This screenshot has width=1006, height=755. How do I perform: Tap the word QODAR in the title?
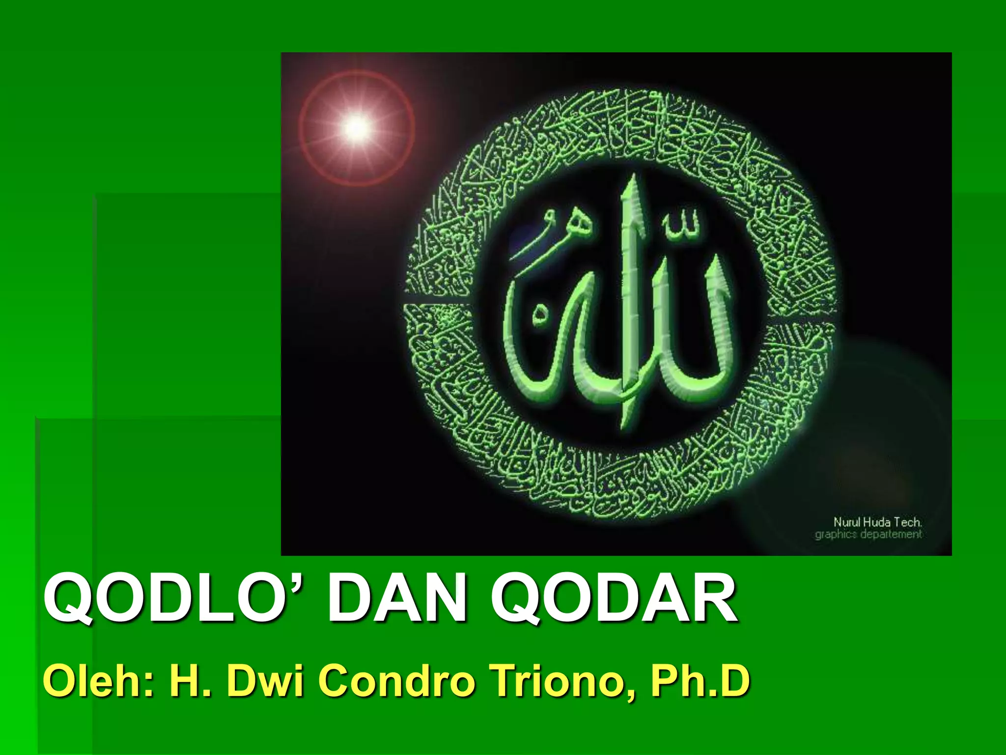coord(614,601)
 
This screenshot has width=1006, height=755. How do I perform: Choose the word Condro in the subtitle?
coord(398,681)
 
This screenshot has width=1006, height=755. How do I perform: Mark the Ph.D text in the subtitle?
coord(700,681)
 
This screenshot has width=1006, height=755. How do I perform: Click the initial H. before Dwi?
coord(190,681)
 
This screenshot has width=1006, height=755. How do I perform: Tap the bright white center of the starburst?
coord(357,128)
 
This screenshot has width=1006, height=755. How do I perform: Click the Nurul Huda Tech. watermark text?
coord(877,522)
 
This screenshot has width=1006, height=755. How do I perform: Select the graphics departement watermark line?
coord(868,534)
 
